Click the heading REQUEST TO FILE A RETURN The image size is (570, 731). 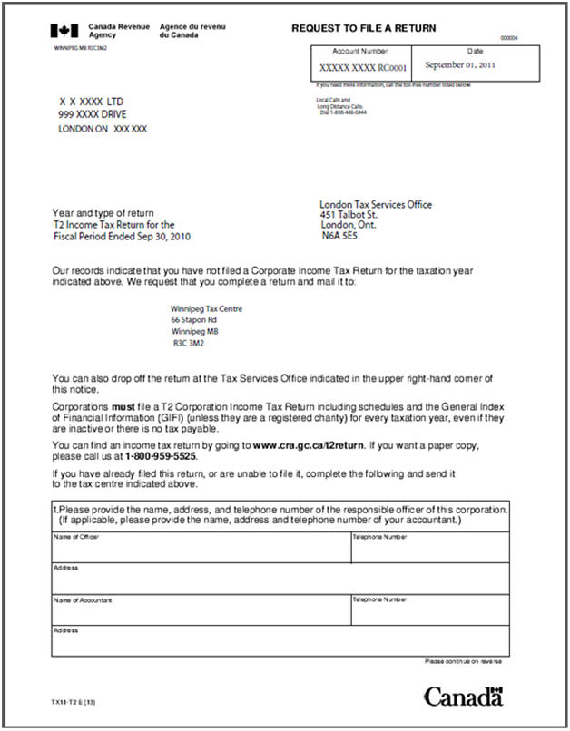click(x=363, y=29)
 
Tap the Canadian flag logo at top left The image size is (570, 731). click(x=64, y=31)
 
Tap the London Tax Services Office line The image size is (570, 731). click(x=376, y=204)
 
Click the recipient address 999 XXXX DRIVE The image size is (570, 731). click(x=93, y=115)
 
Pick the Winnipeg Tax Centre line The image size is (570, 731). click(x=206, y=308)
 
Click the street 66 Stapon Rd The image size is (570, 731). click(x=193, y=320)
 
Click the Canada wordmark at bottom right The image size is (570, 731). click(x=463, y=697)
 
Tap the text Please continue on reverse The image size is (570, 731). click(x=461, y=661)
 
